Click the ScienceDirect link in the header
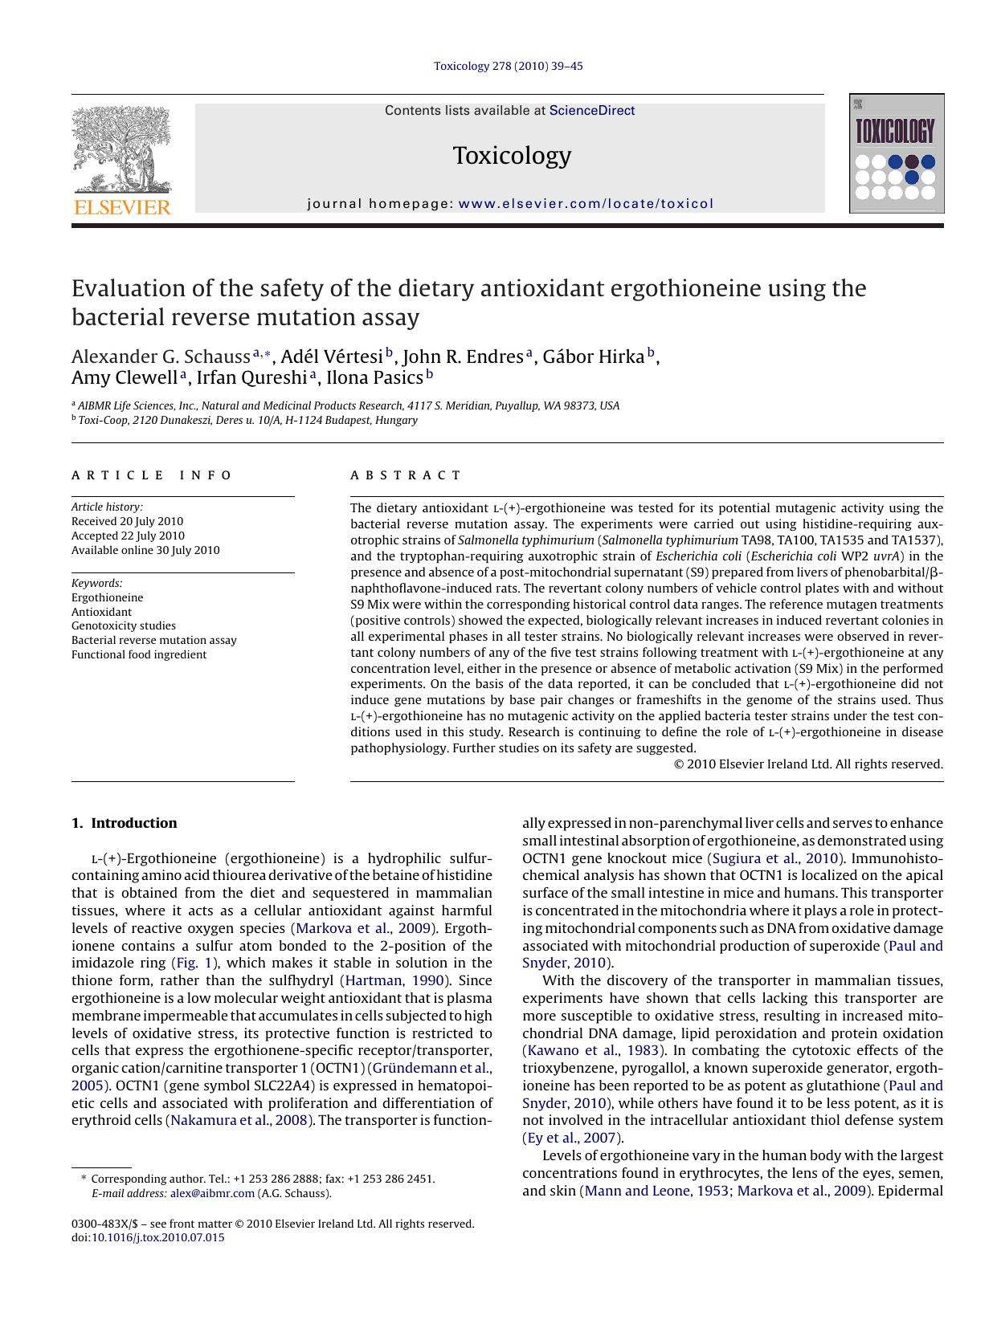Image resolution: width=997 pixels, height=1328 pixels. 591,111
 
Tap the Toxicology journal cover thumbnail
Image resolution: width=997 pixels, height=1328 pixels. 896,153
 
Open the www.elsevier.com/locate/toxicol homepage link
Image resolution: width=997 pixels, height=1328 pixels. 585,204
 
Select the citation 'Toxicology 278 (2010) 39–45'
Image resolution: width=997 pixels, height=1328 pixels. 508,66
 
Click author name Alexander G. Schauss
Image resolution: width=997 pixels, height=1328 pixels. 161,356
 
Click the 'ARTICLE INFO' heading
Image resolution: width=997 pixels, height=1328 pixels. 152,475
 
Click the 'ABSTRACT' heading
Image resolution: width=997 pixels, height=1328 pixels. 406,475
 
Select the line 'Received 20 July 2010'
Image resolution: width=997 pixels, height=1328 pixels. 127,521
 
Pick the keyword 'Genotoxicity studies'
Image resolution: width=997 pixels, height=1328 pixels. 123,625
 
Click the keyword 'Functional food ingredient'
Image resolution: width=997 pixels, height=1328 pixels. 138,654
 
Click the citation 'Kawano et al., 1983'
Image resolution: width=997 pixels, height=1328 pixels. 593,1050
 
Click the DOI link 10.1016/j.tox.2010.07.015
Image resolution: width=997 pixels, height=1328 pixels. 157,1237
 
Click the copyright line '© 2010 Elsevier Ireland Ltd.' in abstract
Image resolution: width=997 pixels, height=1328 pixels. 807,764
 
